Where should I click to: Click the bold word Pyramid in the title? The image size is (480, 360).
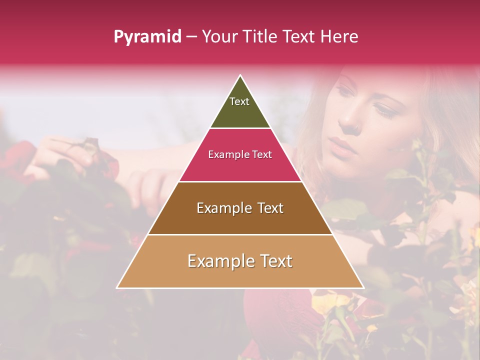tap(147, 37)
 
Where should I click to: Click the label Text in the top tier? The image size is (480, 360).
tap(239, 101)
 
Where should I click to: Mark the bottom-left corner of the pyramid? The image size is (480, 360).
tap(117, 288)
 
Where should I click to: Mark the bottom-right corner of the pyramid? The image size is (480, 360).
tap(363, 288)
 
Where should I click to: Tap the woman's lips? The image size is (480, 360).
tap(342, 146)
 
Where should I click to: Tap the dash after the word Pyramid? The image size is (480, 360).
tap(191, 37)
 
